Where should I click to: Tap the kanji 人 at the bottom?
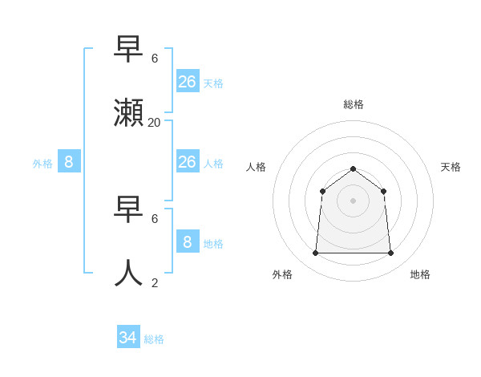pyautogui.click(x=130, y=273)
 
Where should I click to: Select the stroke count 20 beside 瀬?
pyautogui.click(x=155, y=123)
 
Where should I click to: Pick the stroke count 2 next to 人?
pyautogui.click(x=155, y=282)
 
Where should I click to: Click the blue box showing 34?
pyautogui.click(x=128, y=338)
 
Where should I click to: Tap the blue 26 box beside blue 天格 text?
pyautogui.click(x=188, y=82)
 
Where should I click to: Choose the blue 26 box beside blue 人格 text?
pyautogui.click(x=188, y=162)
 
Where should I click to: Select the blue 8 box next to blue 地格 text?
pyautogui.click(x=188, y=242)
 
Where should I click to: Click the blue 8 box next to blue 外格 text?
pyautogui.click(x=69, y=162)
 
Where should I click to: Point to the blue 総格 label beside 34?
pyautogui.click(x=154, y=339)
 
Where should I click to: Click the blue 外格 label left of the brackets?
pyautogui.click(x=42, y=164)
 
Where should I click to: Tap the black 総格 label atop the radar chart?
pyautogui.click(x=354, y=104)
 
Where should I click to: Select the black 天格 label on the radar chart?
pyautogui.click(x=451, y=167)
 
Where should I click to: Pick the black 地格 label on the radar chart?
pyautogui.click(x=420, y=274)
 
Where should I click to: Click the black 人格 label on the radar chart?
pyautogui.click(x=256, y=167)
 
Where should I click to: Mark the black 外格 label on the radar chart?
pyautogui.click(x=282, y=274)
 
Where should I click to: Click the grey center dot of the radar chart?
pyautogui.click(x=353, y=201)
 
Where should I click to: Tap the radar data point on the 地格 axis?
pyautogui.click(x=390, y=253)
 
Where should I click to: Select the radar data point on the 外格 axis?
pyautogui.click(x=315, y=253)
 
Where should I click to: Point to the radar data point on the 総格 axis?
pyautogui.click(x=353, y=168)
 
